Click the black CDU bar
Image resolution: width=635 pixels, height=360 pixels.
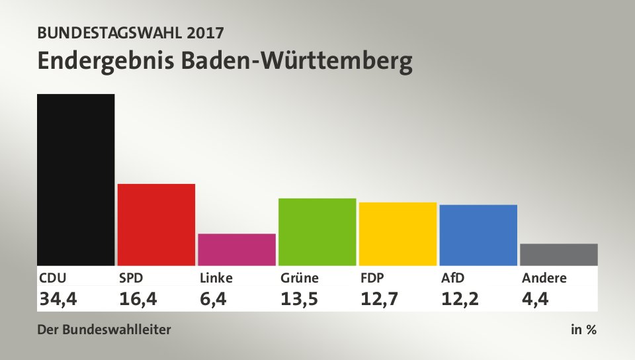point(76,179)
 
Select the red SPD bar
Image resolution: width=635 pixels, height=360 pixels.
point(156,224)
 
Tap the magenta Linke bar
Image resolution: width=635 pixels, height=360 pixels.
point(237,249)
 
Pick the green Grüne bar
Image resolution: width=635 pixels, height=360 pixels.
point(317,232)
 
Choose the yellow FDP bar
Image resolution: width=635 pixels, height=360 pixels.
point(398,234)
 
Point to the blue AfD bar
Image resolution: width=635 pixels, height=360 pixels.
point(478,235)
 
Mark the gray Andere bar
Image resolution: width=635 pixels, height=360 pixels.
point(559,254)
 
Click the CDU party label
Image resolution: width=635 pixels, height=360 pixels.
point(53,278)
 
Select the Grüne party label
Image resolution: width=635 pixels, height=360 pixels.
point(300,278)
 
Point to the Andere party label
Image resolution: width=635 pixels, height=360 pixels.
point(544,278)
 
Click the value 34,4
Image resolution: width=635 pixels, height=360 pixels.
point(58,299)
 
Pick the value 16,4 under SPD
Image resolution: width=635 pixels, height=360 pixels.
point(138,299)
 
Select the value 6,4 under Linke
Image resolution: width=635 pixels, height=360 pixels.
point(214,299)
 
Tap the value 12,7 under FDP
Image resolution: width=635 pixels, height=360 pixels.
point(380,299)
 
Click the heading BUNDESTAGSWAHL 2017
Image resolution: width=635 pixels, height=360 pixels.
point(130,32)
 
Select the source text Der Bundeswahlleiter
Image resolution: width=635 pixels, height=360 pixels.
point(105,329)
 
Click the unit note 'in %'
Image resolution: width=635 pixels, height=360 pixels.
point(583,329)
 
